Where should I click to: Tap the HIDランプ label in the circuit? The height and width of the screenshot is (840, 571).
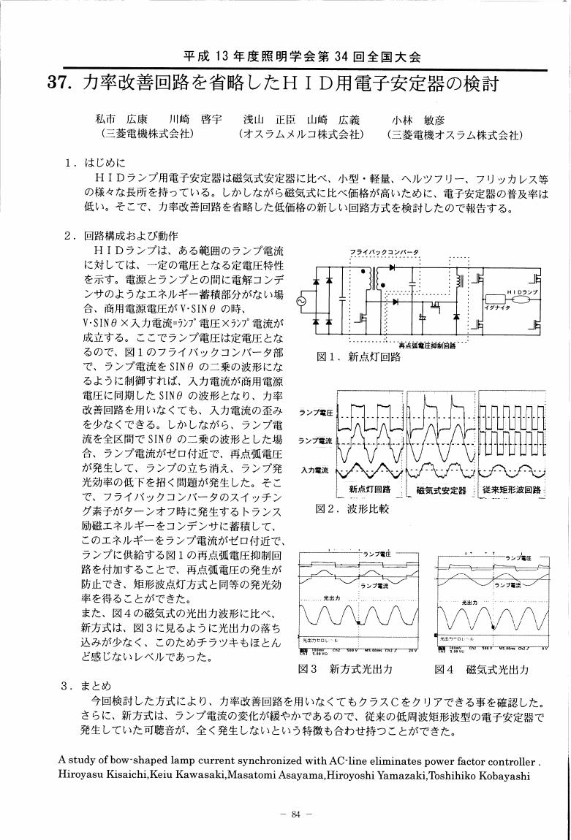click(x=521, y=291)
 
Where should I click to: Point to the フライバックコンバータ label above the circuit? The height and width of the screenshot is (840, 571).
click(x=385, y=253)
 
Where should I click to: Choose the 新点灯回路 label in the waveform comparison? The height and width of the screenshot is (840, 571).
click(x=370, y=489)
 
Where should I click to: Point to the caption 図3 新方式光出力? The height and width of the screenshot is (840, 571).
click(x=346, y=668)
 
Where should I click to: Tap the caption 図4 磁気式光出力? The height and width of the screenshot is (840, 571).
click(x=481, y=668)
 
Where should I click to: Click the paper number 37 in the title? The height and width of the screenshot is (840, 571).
click(x=58, y=83)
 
